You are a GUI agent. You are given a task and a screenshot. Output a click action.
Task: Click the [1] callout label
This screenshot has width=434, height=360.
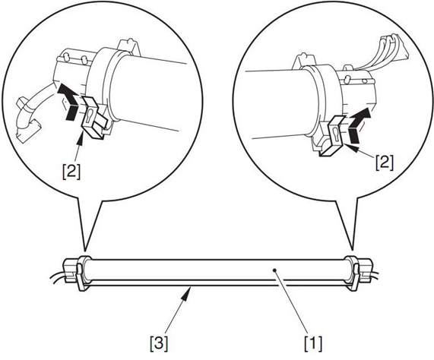click(313, 343)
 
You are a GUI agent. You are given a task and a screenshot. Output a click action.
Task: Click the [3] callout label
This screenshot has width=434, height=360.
click(159, 343)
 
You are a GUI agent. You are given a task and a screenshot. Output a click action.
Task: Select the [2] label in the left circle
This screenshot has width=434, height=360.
click(71, 172)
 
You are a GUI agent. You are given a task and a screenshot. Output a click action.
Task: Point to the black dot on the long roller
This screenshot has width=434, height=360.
click(274, 270)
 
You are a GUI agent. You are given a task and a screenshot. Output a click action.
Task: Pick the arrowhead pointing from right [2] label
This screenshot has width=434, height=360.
click(350, 147)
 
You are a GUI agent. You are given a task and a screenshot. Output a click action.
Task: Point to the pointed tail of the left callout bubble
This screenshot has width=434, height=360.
click(84, 250)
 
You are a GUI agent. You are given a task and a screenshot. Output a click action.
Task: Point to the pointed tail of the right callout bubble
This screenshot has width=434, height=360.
click(353, 250)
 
